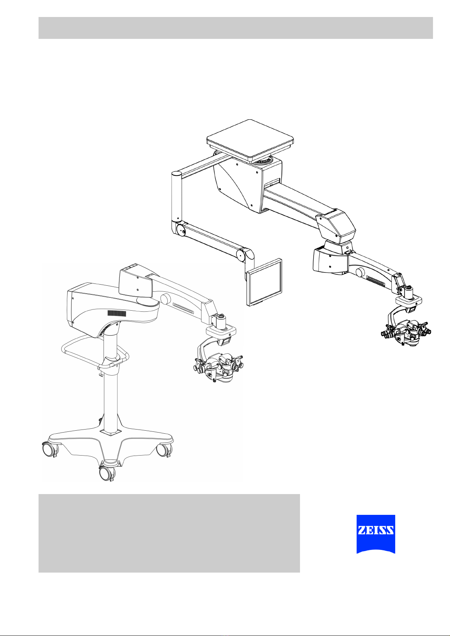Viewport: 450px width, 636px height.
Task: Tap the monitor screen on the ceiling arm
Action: (x=264, y=282)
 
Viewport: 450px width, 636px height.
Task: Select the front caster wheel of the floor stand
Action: (x=106, y=473)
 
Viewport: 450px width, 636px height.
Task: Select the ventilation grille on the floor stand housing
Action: (x=117, y=313)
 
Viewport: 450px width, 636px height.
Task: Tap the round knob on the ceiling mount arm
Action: (x=360, y=272)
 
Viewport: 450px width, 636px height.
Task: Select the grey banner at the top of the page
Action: (x=236, y=28)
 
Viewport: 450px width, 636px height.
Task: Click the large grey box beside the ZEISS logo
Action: (x=169, y=533)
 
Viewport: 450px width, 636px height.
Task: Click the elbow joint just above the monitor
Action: (x=246, y=256)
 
